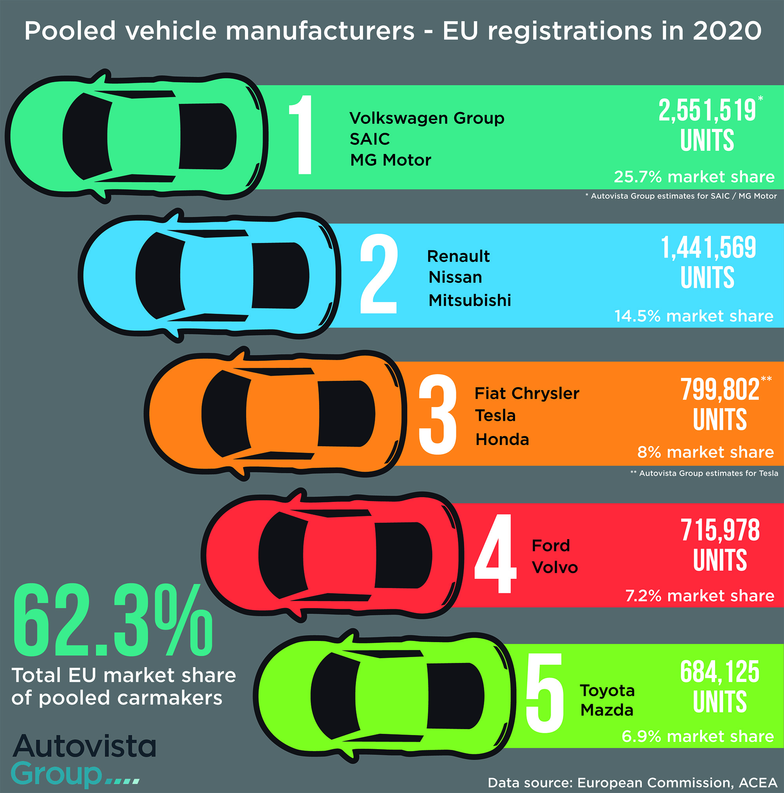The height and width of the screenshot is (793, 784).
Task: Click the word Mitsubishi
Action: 469,301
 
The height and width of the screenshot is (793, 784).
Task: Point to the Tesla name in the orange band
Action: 495,416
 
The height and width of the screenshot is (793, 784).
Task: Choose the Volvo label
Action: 554,568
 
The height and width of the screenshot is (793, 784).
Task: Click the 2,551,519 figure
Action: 707,110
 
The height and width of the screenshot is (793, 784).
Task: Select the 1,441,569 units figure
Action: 708,248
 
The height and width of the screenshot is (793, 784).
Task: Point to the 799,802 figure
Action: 720,389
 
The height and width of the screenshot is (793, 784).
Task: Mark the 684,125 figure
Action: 720,672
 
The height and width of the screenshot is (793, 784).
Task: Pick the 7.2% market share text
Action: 699,596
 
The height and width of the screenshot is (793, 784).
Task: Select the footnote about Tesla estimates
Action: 704,473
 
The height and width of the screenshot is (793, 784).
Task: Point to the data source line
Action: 632,783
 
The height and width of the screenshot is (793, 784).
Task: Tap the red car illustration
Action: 333,554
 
